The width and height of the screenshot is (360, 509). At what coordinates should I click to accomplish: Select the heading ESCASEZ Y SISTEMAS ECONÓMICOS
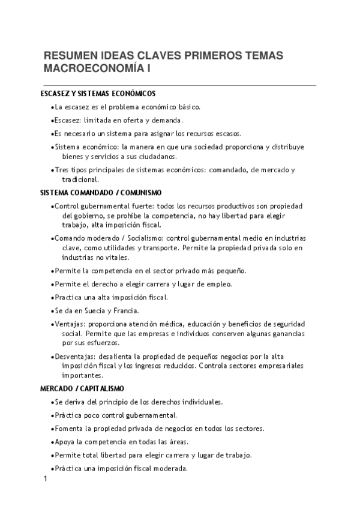[98, 94]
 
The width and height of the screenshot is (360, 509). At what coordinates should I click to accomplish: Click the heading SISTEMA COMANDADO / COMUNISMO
[101, 193]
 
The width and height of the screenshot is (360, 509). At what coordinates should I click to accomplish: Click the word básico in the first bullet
[186, 107]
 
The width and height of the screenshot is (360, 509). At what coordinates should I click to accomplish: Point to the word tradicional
[81, 179]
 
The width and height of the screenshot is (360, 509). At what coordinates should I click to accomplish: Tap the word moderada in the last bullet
[170, 468]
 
